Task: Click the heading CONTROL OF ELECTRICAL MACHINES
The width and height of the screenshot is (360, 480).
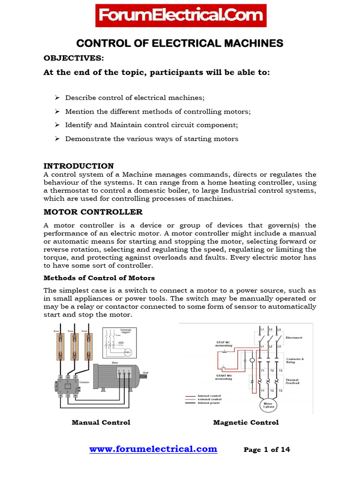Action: click(180, 44)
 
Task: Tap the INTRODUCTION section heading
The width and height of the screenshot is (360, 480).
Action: click(79, 166)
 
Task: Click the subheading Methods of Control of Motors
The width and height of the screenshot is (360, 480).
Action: click(99, 278)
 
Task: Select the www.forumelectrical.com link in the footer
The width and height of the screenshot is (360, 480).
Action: click(153, 449)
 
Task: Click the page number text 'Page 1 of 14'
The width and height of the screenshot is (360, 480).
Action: click(267, 450)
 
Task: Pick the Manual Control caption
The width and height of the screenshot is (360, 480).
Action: click(101, 422)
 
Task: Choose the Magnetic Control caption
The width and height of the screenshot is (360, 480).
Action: click(246, 422)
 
